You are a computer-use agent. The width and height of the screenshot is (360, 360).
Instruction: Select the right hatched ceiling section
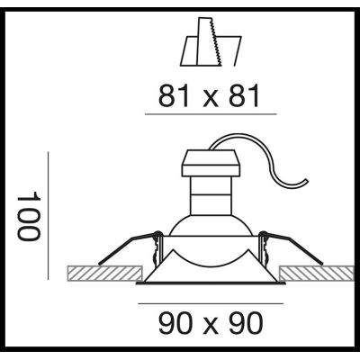point(310,273)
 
